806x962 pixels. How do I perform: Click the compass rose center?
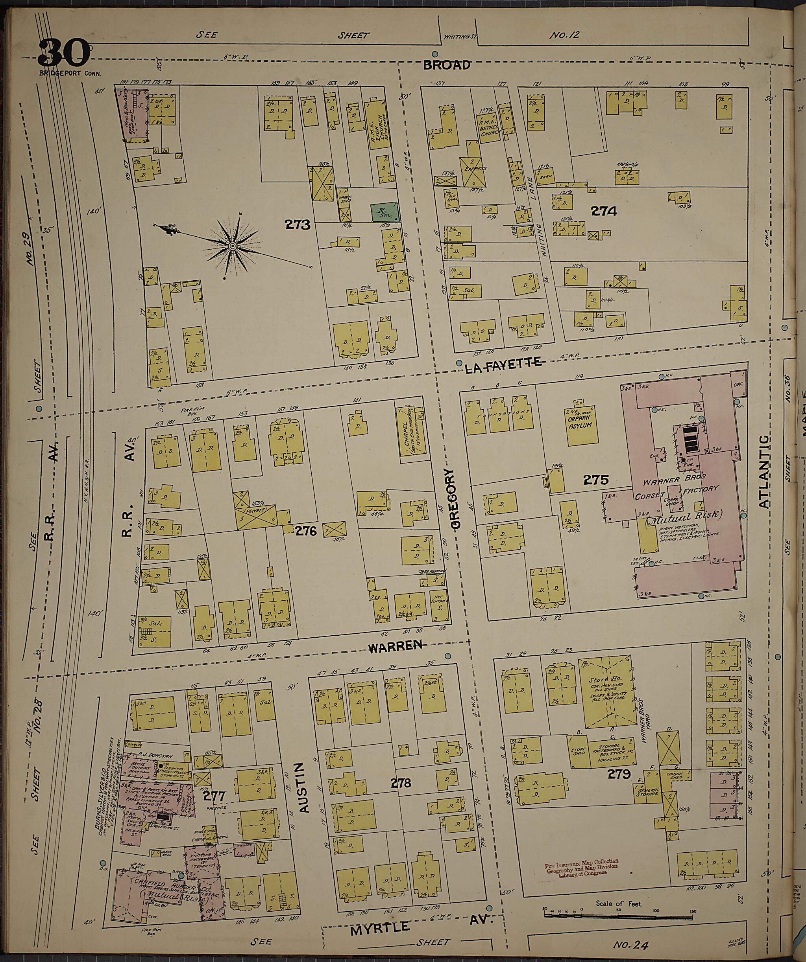(233, 246)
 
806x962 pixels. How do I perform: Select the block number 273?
(297, 224)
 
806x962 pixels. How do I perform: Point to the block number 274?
(603, 211)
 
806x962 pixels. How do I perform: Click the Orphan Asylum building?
(580, 421)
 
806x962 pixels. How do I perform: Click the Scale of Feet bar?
(619, 914)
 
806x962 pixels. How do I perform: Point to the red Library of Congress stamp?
(581, 867)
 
